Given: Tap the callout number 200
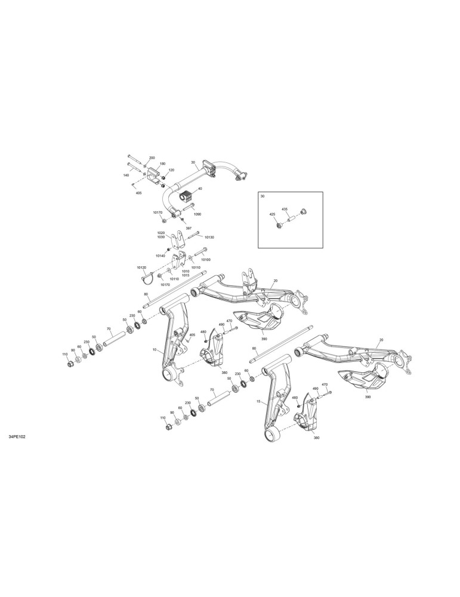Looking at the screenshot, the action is pyautogui.click(x=152, y=158).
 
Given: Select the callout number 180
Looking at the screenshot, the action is pyautogui.click(x=162, y=164).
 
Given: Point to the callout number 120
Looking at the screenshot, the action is pyautogui.click(x=171, y=170).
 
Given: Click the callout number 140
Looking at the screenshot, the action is pyautogui.click(x=126, y=175).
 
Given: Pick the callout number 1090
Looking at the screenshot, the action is pyautogui.click(x=197, y=214).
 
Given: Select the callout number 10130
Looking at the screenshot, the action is pyautogui.click(x=209, y=237).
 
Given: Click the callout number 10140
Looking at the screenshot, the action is pyautogui.click(x=160, y=256).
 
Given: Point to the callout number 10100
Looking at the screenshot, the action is pyautogui.click(x=205, y=260).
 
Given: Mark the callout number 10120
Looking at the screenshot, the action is pyautogui.click(x=141, y=267).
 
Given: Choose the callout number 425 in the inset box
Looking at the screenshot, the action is pyautogui.click(x=272, y=215).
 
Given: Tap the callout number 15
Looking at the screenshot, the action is pyautogui.click(x=258, y=402).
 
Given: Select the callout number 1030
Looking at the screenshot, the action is pyautogui.click(x=161, y=237).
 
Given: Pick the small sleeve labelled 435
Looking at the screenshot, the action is pyautogui.click(x=291, y=219).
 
